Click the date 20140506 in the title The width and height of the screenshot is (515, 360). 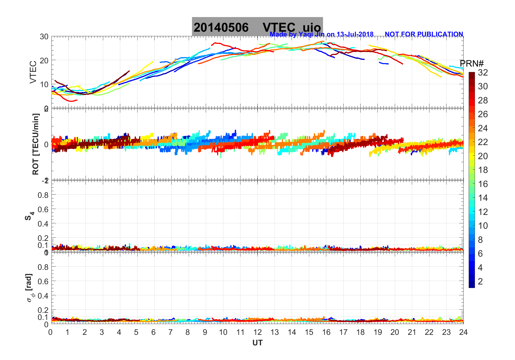[x=221, y=28]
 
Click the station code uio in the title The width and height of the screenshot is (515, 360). [x=312, y=28]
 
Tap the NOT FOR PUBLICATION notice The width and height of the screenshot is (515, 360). [x=424, y=34]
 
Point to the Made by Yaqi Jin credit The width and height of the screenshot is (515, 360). [x=321, y=34]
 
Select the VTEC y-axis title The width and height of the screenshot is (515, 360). [x=33, y=72]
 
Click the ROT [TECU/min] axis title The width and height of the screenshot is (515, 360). [x=35, y=144]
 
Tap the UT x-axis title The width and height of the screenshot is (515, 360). [x=257, y=343]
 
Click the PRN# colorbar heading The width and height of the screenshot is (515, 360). [x=471, y=64]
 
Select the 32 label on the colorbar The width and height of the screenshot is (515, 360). [x=483, y=73]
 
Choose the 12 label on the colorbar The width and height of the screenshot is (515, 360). [x=483, y=212]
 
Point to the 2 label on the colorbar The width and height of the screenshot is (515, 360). [x=480, y=282]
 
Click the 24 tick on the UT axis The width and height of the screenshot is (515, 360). [x=463, y=332]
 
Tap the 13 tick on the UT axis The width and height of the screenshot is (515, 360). [x=275, y=332]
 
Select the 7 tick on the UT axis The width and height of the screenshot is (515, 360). [x=171, y=332]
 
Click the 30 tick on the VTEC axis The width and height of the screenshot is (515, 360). [x=44, y=37]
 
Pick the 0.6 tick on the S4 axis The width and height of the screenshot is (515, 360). [x=43, y=209]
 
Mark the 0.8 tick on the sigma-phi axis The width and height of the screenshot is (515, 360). [x=43, y=267]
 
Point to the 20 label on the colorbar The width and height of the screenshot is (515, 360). [x=483, y=156]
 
